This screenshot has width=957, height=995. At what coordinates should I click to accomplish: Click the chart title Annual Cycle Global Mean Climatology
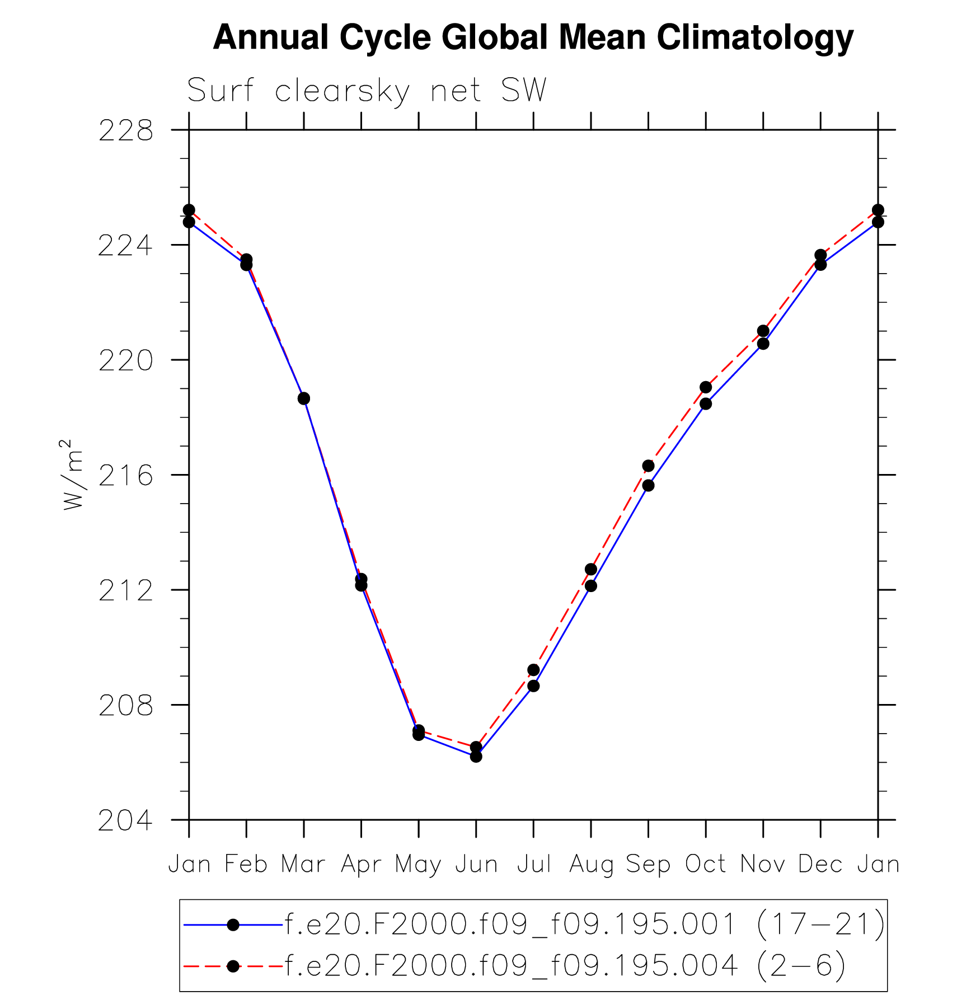tap(533, 37)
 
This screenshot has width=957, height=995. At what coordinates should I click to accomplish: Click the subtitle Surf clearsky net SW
tap(367, 91)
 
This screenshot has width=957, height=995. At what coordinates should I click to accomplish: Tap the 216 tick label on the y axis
tap(126, 476)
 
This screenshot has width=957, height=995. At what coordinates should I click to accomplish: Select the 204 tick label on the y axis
tap(126, 821)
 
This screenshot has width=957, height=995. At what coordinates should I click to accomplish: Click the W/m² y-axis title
tap(73, 475)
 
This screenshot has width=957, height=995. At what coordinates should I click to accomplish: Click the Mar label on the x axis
tap(303, 865)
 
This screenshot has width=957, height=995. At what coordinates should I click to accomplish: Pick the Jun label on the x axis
tap(476, 865)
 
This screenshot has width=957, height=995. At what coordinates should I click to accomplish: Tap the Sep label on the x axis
tap(648, 865)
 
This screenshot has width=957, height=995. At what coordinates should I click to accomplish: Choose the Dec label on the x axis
tap(820, 865)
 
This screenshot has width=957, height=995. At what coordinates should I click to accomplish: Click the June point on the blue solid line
tap(476, 756)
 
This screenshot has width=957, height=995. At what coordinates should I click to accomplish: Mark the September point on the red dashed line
tap(648, 466)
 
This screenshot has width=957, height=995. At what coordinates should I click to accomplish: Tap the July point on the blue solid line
tap(533, 686)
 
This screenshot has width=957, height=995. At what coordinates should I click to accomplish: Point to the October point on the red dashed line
tap(706, 387)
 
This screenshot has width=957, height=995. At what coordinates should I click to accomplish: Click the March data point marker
tap(304, 398)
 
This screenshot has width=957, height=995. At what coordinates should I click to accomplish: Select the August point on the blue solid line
tap(591, 586)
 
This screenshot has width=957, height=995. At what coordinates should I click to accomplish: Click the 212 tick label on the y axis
tap(126, 591)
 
